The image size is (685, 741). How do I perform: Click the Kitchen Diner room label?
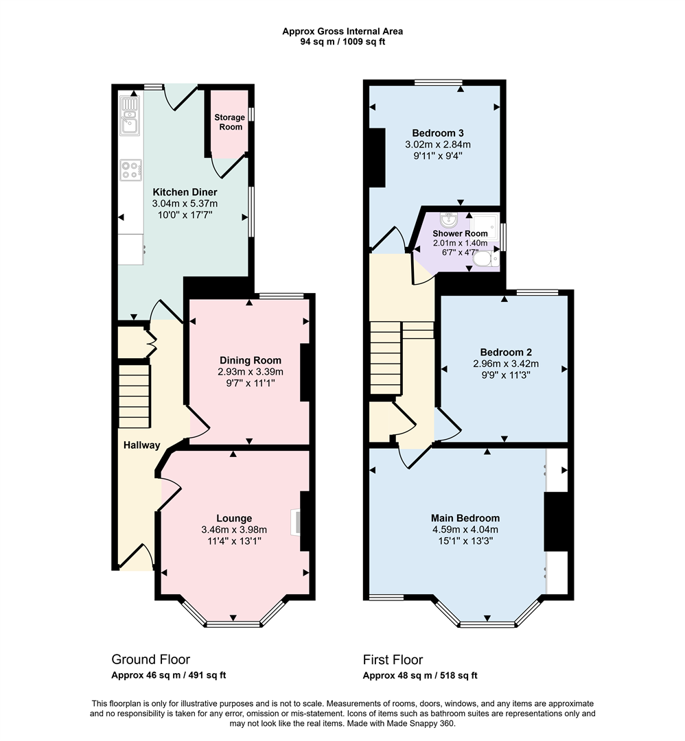(180, 192)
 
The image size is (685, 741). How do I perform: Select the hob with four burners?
(130, 169)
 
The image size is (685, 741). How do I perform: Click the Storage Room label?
(229, 122)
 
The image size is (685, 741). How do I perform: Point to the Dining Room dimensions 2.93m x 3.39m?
(251, 372)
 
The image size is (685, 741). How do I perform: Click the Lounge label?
(234, 518)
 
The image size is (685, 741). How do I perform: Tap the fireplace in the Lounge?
(296, 521)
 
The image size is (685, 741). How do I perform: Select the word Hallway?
(141, 445)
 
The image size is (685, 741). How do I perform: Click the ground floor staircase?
(135, 396)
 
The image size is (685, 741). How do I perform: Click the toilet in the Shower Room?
(485, 259)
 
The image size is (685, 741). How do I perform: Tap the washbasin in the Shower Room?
(450, 220)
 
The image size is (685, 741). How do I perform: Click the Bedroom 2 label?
(504, 352)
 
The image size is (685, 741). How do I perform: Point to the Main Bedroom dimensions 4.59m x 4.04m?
(465, 530)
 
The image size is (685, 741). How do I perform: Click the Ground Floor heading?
(150, 659)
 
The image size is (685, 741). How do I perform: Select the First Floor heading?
(393, 659)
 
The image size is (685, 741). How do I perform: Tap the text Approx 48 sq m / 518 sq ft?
(420, 675)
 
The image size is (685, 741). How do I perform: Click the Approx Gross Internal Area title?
(342, 31)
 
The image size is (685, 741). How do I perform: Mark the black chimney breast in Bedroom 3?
(377, 157)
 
